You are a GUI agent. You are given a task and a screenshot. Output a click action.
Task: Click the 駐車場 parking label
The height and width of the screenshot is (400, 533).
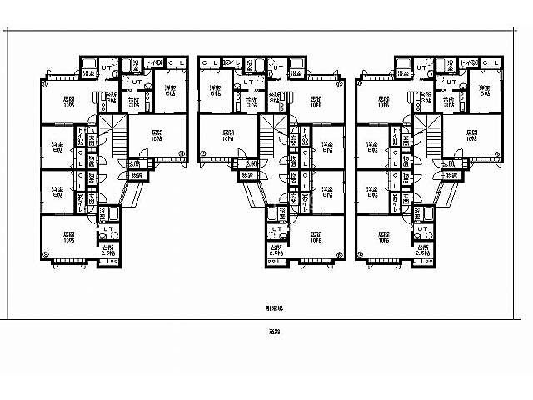point(266,308)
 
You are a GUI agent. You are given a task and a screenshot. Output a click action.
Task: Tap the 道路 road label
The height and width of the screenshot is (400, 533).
point(266,332)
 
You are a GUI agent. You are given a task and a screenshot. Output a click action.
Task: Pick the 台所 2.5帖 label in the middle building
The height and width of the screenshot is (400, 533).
point(276,249)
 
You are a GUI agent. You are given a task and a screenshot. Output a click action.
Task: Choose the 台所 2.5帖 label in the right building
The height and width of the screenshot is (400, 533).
point(423,249)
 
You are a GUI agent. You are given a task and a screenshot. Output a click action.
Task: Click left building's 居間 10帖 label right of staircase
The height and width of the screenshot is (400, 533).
point(157,136)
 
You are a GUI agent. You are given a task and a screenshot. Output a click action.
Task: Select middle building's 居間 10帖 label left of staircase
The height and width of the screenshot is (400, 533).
point(227,136)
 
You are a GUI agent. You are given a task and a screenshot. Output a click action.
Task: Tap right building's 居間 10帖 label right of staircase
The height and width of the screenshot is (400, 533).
point(471,136)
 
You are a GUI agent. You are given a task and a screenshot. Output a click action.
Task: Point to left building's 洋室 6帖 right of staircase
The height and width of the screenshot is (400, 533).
point(170,91)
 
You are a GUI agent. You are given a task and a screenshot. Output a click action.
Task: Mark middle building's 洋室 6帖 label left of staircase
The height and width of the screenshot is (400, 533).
point(215,91)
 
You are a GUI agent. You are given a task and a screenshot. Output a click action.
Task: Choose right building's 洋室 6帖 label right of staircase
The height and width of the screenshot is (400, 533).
point(484,91)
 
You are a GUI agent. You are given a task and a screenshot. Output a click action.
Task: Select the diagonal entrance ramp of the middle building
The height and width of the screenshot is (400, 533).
point(250,192)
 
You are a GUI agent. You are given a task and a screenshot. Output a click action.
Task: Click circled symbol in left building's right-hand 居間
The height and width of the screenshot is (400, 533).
point(182,153)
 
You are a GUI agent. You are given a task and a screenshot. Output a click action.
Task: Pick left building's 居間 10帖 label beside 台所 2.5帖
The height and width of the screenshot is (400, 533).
point(69,237)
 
